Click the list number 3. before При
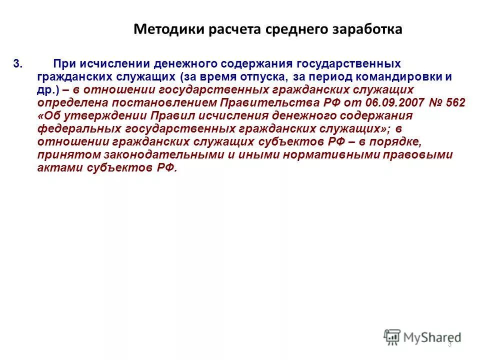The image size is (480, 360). point(18,64)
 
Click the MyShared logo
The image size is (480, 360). point(422,337)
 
